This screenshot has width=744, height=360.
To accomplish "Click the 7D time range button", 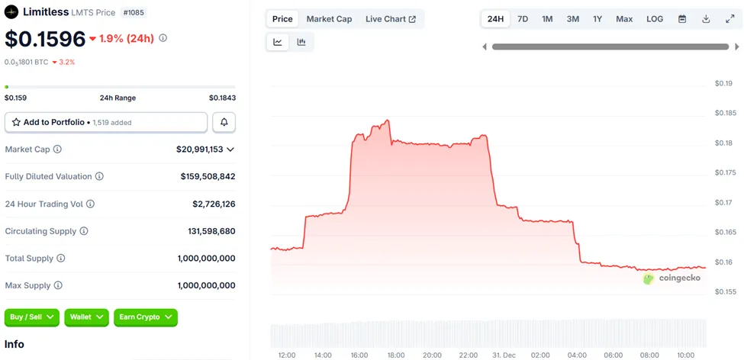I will [523, 19].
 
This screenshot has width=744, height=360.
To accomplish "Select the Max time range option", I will [624, 19].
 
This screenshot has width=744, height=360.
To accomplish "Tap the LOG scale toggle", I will [655, 19].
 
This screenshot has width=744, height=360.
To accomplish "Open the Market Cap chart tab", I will [329, 19].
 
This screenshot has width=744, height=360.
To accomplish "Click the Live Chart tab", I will [390, 19].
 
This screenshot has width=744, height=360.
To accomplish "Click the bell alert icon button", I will [224, 122].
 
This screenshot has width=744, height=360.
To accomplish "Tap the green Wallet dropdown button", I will [87, 317].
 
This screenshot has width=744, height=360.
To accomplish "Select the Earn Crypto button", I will [145, 317].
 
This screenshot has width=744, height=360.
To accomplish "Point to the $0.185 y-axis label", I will [725, 113].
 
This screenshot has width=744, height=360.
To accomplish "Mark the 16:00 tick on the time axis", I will [359, 355].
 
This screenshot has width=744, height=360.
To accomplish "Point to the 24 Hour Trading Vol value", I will [214, 204].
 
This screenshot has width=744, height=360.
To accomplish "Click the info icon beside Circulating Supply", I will [84, 231].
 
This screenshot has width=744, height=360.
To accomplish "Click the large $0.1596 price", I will [43, 38].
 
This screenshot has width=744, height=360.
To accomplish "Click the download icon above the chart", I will [706, 19].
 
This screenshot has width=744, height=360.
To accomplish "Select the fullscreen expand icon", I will [730, 19].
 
